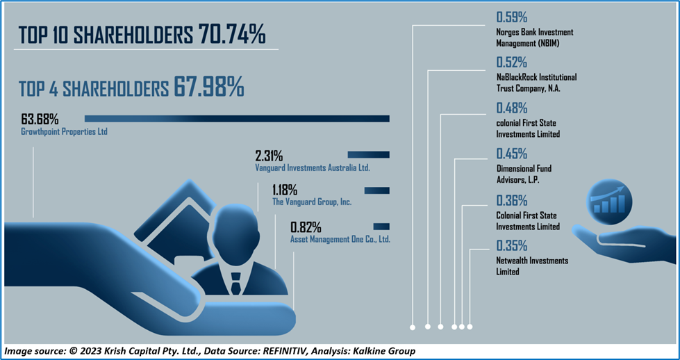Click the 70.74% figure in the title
coord(231,34)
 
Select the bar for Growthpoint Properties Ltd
coord(237,118)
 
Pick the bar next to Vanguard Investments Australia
coord(368,155)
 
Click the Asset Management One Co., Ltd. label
coord(340,240)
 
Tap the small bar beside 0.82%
coord(381,227)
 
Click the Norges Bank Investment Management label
coord(534,38)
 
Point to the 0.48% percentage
coord(512,108)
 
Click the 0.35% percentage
coord(512,246)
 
